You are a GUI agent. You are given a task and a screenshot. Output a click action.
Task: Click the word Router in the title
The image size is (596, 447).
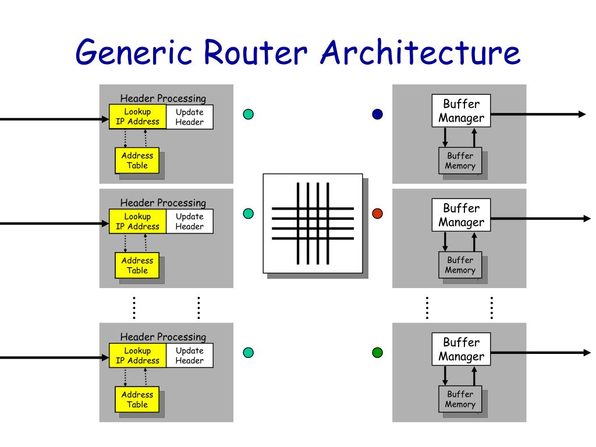click(x=255, y=52)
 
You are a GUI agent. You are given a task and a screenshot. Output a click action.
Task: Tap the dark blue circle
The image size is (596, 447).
click(x=377, y=114)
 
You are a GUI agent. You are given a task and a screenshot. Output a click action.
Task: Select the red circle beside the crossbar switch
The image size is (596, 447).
click(x=377, y=214)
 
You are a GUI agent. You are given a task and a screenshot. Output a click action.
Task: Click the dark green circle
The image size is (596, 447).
click(x=377, y=353)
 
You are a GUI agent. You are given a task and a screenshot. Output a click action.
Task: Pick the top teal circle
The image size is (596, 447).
click(x=248, y=114)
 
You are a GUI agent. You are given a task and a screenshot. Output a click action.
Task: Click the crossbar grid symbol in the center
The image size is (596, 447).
click(x=313, y=223)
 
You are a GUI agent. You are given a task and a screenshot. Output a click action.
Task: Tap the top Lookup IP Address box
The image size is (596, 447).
click(x=137, y=116)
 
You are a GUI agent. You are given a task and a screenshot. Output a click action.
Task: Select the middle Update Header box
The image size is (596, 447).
click(x=190, y=221)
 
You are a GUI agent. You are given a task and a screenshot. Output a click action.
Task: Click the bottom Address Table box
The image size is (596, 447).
click(x=137, y=399)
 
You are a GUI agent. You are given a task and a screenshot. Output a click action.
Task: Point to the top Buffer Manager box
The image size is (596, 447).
click(x=461, y=111)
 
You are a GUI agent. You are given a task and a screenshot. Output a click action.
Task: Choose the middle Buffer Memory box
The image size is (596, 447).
click(x=460, y=265)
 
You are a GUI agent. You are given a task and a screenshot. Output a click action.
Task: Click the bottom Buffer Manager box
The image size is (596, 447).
click(x=461, y=349)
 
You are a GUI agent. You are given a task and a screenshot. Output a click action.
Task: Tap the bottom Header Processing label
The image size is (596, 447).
click(x=163, y=337)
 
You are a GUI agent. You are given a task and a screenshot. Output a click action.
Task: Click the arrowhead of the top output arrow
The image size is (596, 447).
click(x=582, y=114)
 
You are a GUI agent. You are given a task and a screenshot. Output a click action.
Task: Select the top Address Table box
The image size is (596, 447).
click(x=137, y=161)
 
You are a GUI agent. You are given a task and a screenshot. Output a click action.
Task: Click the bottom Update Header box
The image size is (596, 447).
click(x=190, y=356)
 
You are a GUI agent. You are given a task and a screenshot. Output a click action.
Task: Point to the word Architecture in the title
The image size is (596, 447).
click(x=420, y=52)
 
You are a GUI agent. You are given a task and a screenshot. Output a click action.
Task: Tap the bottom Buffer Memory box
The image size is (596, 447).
click(x=460, y=399)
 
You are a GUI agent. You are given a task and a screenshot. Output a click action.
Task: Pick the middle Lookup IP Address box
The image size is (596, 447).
click(x=137, y=221)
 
